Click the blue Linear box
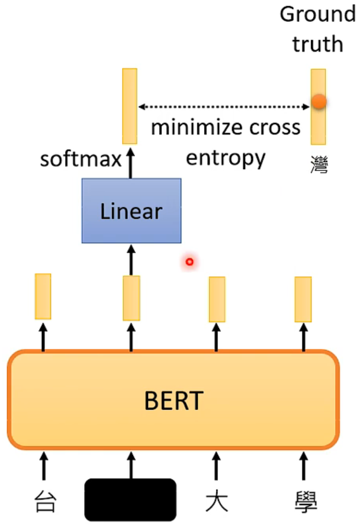click(x=131, y=211)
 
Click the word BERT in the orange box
click(x=173, y=402)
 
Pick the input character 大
click(x=216, y=501)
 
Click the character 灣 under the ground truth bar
click(x=319, y=163)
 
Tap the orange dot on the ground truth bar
click(x=319, y=102)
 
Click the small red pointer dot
click(x=189, y=261)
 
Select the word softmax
click(x=81, y=159)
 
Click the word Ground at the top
click(x=317, y=14)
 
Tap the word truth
click(x=317, y=44)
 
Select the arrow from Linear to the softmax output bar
click(x=130, y=163)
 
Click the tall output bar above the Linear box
click(x=130, y=106)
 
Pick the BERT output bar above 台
click(x=43, y=296)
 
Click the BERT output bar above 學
click(x=303, y=299)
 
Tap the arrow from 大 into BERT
click(x=216, y=465)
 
